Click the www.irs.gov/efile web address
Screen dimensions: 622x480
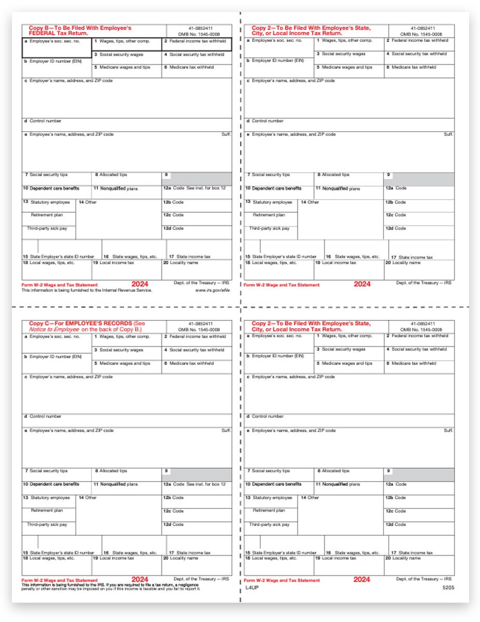pos(212,291)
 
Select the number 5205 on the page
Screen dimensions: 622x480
pos(447,588)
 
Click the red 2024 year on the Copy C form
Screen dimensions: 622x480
pos(140,579)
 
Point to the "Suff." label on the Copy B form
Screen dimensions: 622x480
pos(226,134)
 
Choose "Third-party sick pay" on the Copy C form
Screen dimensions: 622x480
pos(47,525)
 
